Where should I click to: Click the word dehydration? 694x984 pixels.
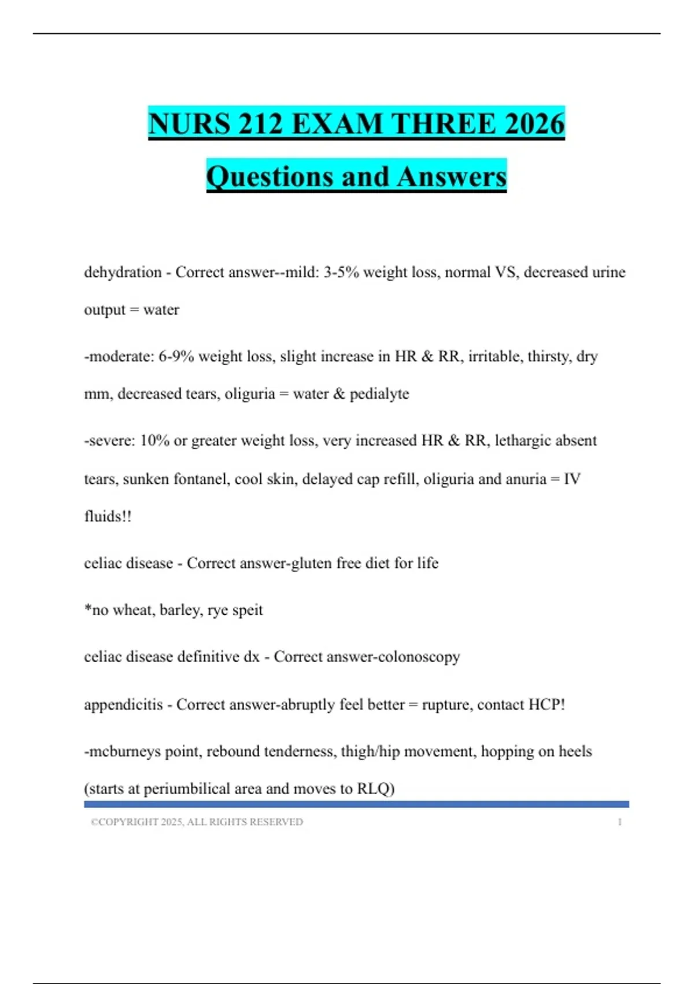123,272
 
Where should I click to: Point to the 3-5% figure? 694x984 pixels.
341,272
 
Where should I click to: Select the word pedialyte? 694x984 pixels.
379,394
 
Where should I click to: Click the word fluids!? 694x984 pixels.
108,516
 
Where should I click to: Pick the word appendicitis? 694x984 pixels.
123,704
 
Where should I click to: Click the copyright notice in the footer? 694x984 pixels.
197,822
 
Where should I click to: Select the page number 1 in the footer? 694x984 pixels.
619,822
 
